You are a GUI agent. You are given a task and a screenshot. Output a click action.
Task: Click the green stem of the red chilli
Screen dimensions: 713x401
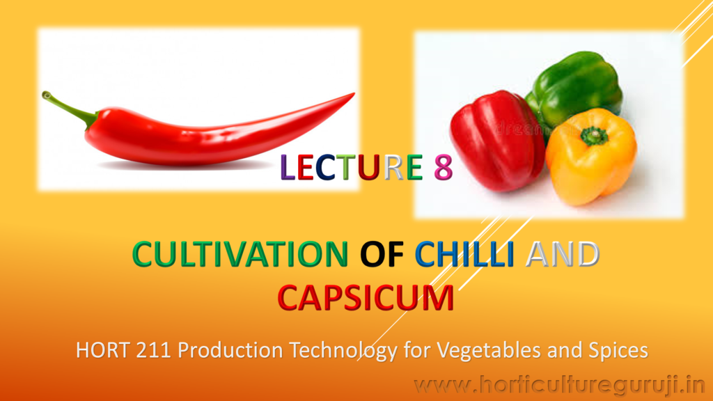[x=68, y=108]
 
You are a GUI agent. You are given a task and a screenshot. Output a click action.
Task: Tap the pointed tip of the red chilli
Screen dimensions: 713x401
[x=354, y=94]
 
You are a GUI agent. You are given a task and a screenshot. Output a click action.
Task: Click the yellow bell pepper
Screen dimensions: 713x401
[x=591, y=156]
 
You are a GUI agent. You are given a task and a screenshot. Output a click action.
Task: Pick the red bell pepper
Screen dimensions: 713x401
[x=497, y=140]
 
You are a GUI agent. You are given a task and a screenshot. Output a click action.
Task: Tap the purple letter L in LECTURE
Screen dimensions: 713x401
[x=288, y=167]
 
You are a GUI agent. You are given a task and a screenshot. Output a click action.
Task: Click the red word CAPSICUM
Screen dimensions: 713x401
[x=366, y=298]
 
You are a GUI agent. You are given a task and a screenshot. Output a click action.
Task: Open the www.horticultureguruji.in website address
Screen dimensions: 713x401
[x=560, y=386]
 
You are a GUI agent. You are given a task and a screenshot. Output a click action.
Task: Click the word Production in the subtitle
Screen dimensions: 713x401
[x=230, y=350]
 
